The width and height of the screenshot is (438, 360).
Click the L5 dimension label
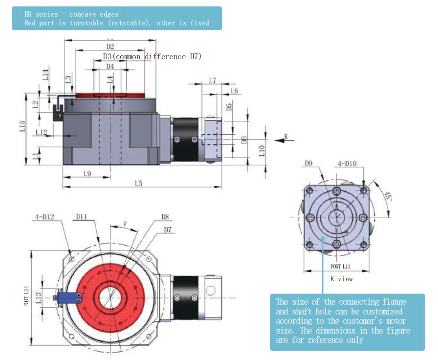138,183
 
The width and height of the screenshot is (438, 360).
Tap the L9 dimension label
87,173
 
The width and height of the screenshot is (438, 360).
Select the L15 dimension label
22,126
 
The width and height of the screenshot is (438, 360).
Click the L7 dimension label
213,80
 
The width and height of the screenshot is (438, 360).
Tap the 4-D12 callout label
44,216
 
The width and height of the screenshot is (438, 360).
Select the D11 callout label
81,216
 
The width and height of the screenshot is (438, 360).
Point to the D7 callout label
168,229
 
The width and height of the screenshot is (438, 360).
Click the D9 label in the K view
308,163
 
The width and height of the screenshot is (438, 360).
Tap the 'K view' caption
341,279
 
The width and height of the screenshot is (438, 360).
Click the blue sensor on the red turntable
68,298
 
